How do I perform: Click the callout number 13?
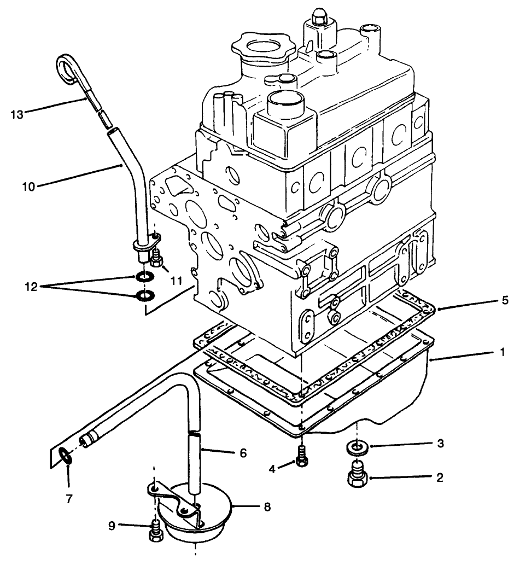[x=17, y=114]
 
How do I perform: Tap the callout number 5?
[x=505, y=300]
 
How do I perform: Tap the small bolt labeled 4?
[x=302, y=456]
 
